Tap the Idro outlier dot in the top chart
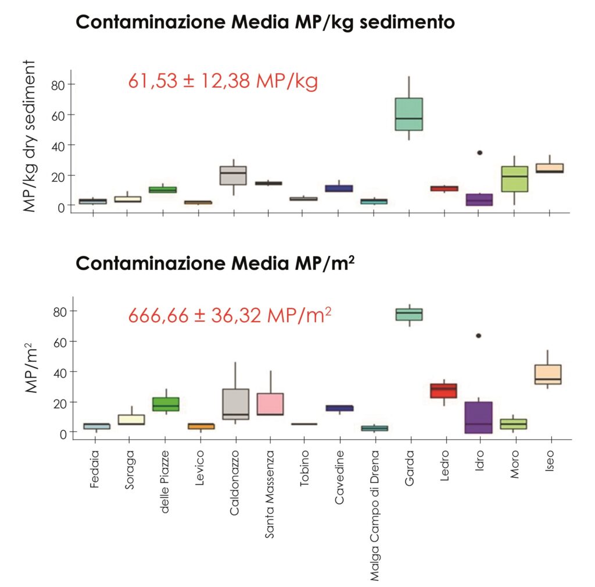(x=480, y=152)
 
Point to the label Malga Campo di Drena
(x=375, y=515)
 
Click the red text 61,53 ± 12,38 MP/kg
(x=223, y=81)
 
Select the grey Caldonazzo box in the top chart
(x=234, y=175)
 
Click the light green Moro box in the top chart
(x=515, y=179)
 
